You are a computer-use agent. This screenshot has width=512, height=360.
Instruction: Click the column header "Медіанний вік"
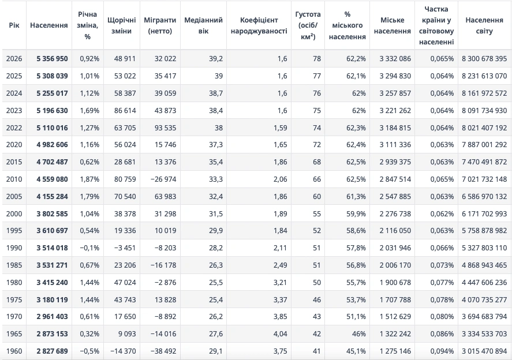[203, 25]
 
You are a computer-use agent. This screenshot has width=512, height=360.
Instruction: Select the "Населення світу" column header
[484, 25]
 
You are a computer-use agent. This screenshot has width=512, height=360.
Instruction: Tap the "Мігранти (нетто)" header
[160, 25]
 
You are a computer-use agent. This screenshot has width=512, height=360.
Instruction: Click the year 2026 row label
[14, 58]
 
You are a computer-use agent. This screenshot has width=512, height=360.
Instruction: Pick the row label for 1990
[14, 247]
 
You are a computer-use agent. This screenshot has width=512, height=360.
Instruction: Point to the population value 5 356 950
[51, 58]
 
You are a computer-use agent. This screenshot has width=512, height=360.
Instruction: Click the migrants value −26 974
[161, 179]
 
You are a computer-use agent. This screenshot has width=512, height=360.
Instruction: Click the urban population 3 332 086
[395, 58]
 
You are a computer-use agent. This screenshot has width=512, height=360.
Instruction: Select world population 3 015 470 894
[484, 351]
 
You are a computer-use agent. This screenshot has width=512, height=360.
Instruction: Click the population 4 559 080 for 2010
[51, 179]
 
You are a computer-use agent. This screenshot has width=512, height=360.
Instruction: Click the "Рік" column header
[14, 25]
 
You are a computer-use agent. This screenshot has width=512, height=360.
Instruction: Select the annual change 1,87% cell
[89, 179]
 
